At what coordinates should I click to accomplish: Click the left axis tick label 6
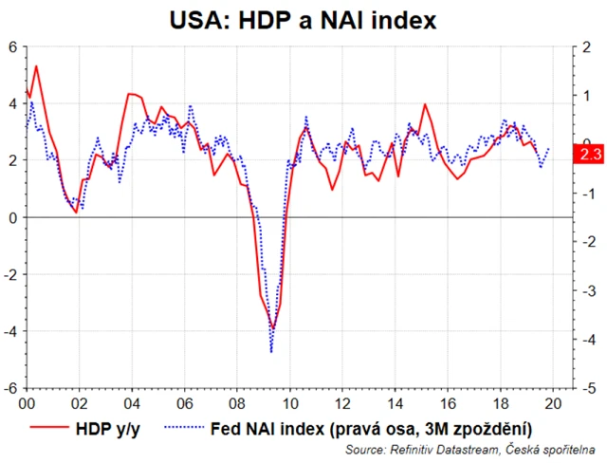(13, 46)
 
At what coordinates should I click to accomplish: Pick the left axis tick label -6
(11, 388)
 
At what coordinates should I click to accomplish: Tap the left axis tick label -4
(11, 331)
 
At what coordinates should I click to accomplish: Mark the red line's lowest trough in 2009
(273, 329)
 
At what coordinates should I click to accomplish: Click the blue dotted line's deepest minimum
(271, 352)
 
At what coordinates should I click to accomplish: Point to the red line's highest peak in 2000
(36, 65)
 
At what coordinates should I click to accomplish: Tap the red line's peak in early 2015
(424, 104)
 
